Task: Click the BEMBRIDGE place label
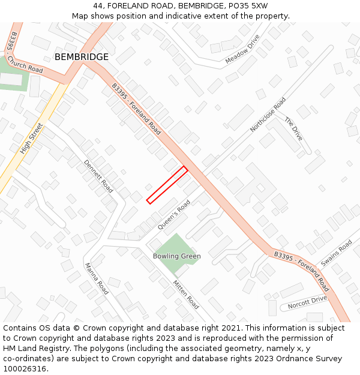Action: tap(82, 57)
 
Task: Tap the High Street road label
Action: tap(32, 139)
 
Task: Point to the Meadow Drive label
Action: tap(242, 49)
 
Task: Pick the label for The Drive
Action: tap(293, 129)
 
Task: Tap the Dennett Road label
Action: tap(98, 176)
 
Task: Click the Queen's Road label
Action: tap(173, 215)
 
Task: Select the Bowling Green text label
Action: tap(176, 256)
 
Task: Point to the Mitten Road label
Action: tap(185, 294)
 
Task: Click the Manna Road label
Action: tap(96, 279)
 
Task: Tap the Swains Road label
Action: tap(337, 254)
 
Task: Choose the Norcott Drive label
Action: tap(307, 302)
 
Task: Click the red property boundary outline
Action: tap(167, 185)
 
